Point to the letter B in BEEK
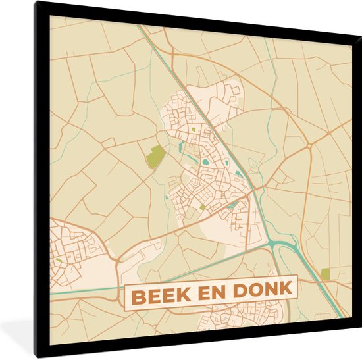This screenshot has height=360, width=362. pyautogui.click(x=136, y=296)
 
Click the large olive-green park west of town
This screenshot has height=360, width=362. pyautogui.click(x=156, y=156)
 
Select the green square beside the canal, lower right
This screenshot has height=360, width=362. pyautogui.click(x=325, y=274)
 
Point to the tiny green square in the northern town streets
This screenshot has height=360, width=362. pyautogui.click(x=193, y=130)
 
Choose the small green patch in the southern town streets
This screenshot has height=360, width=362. pyautogui.click(x=202, y=207)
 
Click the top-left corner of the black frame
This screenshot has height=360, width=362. pyautogui.click(x=37, y=3)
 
